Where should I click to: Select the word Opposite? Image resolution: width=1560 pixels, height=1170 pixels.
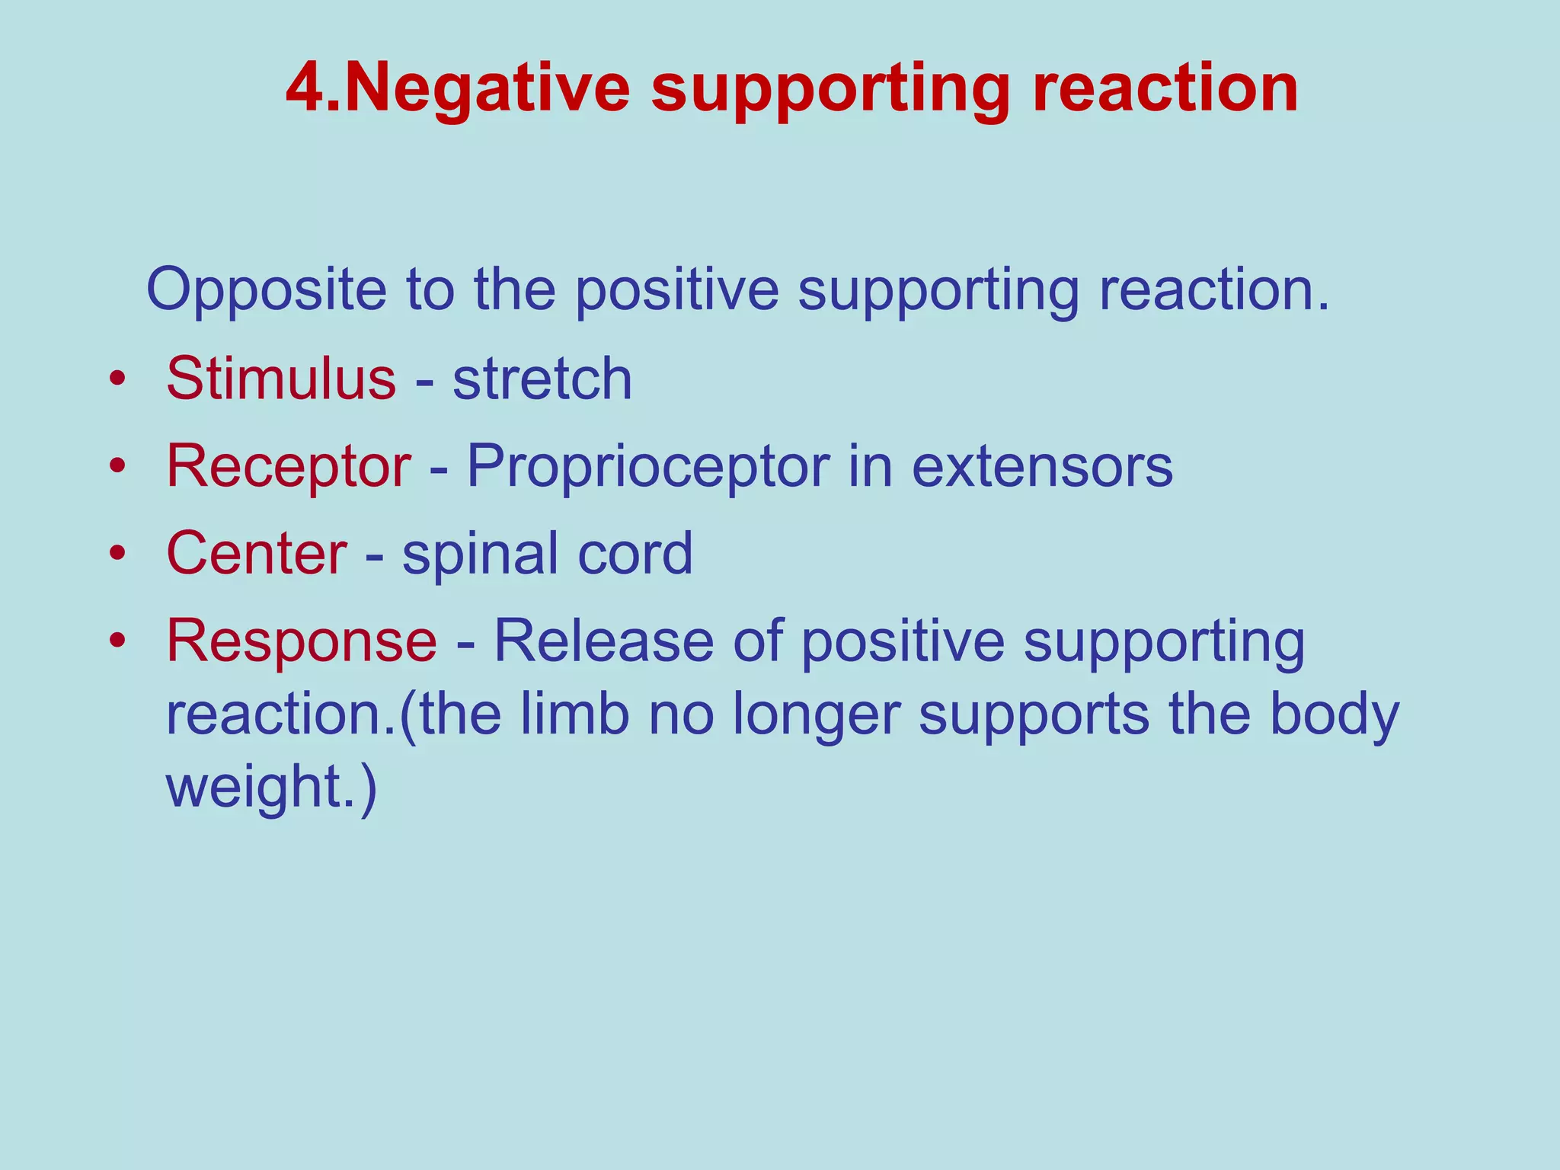pyautogui.click(x=267, y=291)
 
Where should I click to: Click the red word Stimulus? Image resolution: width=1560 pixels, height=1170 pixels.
pyautogui.click(x=281, y=379)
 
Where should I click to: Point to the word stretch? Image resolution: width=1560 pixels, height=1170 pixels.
pyautogui.click(x=542, y=379)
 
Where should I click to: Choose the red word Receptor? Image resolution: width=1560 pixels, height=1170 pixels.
pyautogui.click(x=289, y=466)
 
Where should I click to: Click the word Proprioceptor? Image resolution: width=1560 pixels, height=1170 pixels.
pyautogui.click(x=647, y=466)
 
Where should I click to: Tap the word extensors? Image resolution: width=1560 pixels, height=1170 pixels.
pyautogui.click(x=1042, y=466)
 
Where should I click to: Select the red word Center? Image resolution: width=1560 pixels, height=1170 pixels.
pyautogui.click(x=257, y=554)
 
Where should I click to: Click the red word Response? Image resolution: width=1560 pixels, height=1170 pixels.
pyautogui.click(x=302, y=641)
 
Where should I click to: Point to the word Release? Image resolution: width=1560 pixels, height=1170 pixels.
pyautogui.click(x=603, y=641)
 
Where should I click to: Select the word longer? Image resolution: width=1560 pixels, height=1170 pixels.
pyautogui.click(x=816, y=716)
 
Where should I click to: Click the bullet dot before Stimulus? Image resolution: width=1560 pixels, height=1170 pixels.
pyautogui.click(x=116, y=379)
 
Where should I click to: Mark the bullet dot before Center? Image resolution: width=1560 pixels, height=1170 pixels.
pyautogui.click(x=116, y=555)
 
